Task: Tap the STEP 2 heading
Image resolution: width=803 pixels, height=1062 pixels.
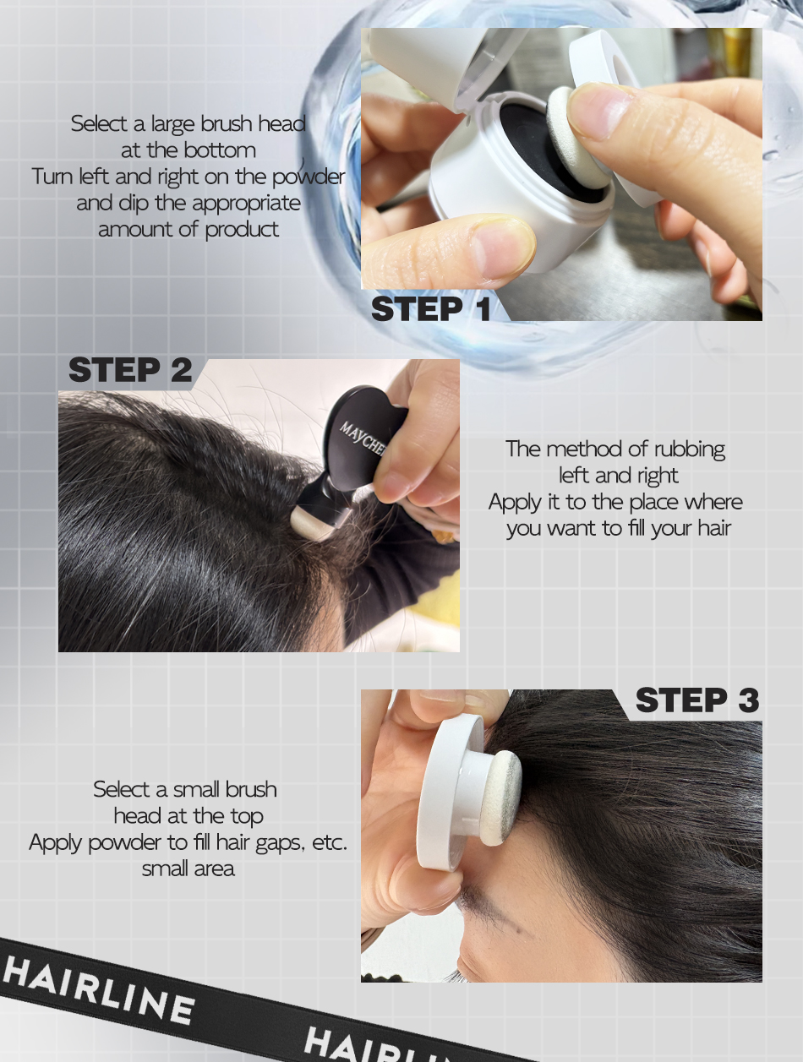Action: click(130, 370)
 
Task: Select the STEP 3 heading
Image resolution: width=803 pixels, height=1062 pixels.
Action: click(697, 700)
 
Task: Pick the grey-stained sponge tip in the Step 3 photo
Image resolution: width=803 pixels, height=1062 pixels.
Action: click(501, 798)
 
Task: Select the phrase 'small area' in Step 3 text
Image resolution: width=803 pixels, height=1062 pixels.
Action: click(188, 869)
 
